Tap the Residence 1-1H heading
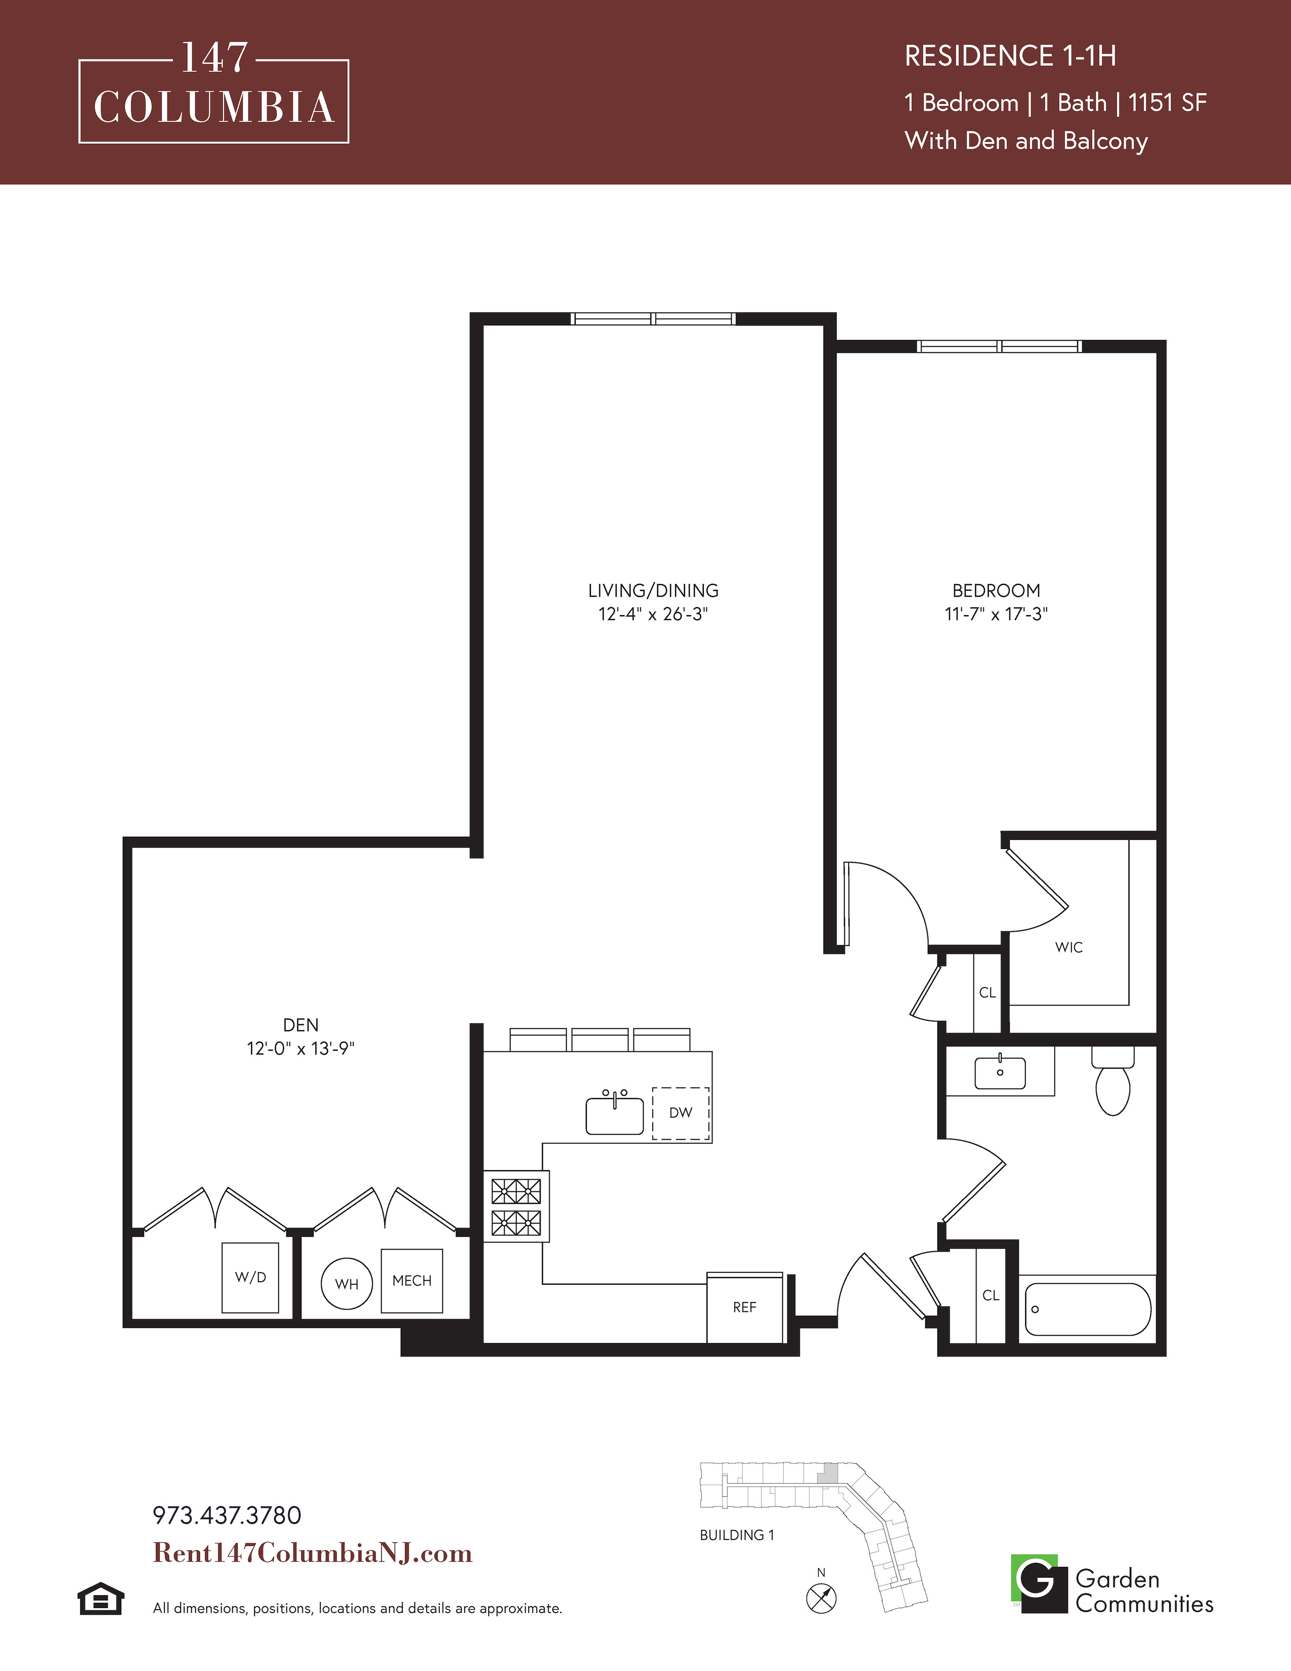point(1011,56)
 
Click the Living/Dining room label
point(653,590)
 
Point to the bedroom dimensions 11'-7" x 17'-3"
point(996,614)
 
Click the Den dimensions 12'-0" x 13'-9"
point(301,1048)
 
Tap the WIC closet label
point(1068,947)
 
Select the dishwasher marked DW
point(680,1113)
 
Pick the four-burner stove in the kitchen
point(516,1207)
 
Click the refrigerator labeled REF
point(745,1307)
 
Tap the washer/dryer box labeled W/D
point(250,1278)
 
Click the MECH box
point(412,1281)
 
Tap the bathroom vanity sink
point(999,1072)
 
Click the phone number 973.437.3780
point(227,1516)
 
